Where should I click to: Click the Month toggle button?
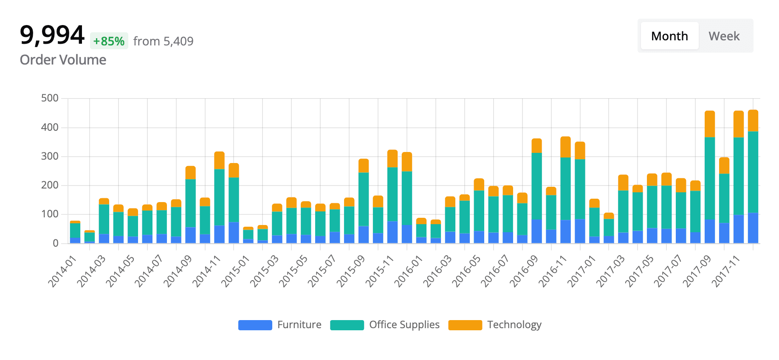click(669, 36)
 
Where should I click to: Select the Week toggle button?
click(724, 36)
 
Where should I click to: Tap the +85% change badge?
click(109, 41)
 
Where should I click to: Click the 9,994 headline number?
click(52, 35)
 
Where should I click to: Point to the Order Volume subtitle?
click(63, 60)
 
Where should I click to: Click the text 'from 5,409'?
click(163, 41)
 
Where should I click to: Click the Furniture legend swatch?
click(255, 325)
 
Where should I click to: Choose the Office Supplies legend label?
click(404, 325)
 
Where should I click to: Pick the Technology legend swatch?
click(465, 325)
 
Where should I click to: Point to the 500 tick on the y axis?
click(50, 98)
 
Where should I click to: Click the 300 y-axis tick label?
click(50, 156)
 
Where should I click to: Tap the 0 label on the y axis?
click(55, 243)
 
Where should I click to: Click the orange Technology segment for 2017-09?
click(709, 124)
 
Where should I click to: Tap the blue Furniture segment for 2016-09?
click(536, 231)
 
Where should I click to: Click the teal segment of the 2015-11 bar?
click(392, 194)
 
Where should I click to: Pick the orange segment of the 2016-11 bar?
click(565, 147)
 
